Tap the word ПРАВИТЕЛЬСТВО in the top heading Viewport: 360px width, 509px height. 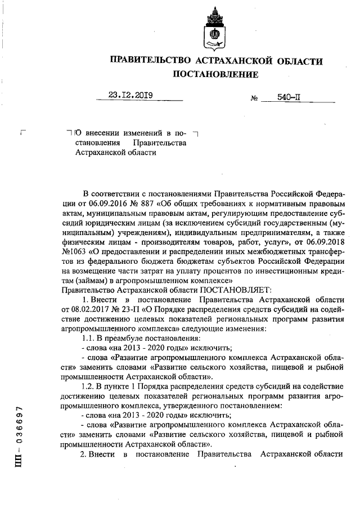pos(150,60)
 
